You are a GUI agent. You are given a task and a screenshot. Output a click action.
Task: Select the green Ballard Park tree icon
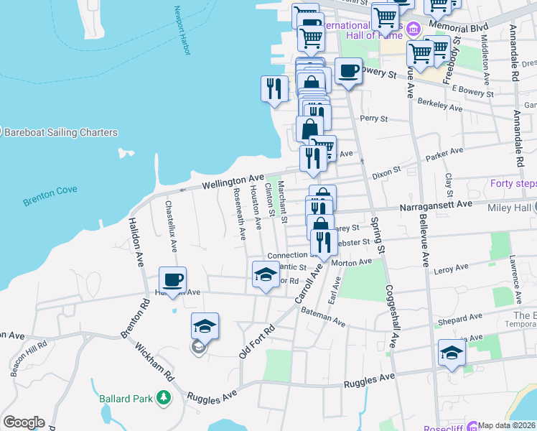pyautogui.click(x=164, y=396)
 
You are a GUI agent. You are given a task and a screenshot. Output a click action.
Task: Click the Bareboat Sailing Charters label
pyautogui.click(x=61, y=132)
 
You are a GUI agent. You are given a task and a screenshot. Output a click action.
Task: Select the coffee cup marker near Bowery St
pyautogui.click(x=348, y=71)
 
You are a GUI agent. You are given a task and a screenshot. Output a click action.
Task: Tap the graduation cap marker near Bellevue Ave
pyautogui.click(x=452, y=353)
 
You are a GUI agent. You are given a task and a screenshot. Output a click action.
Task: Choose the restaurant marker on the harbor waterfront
pyautogui.click(x=274, y=88)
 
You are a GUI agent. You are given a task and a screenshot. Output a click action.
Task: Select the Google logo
pyautogui.click(x=24, y=422)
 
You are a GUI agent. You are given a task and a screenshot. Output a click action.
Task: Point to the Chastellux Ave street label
pyautogui.click(x=171, y=226)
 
